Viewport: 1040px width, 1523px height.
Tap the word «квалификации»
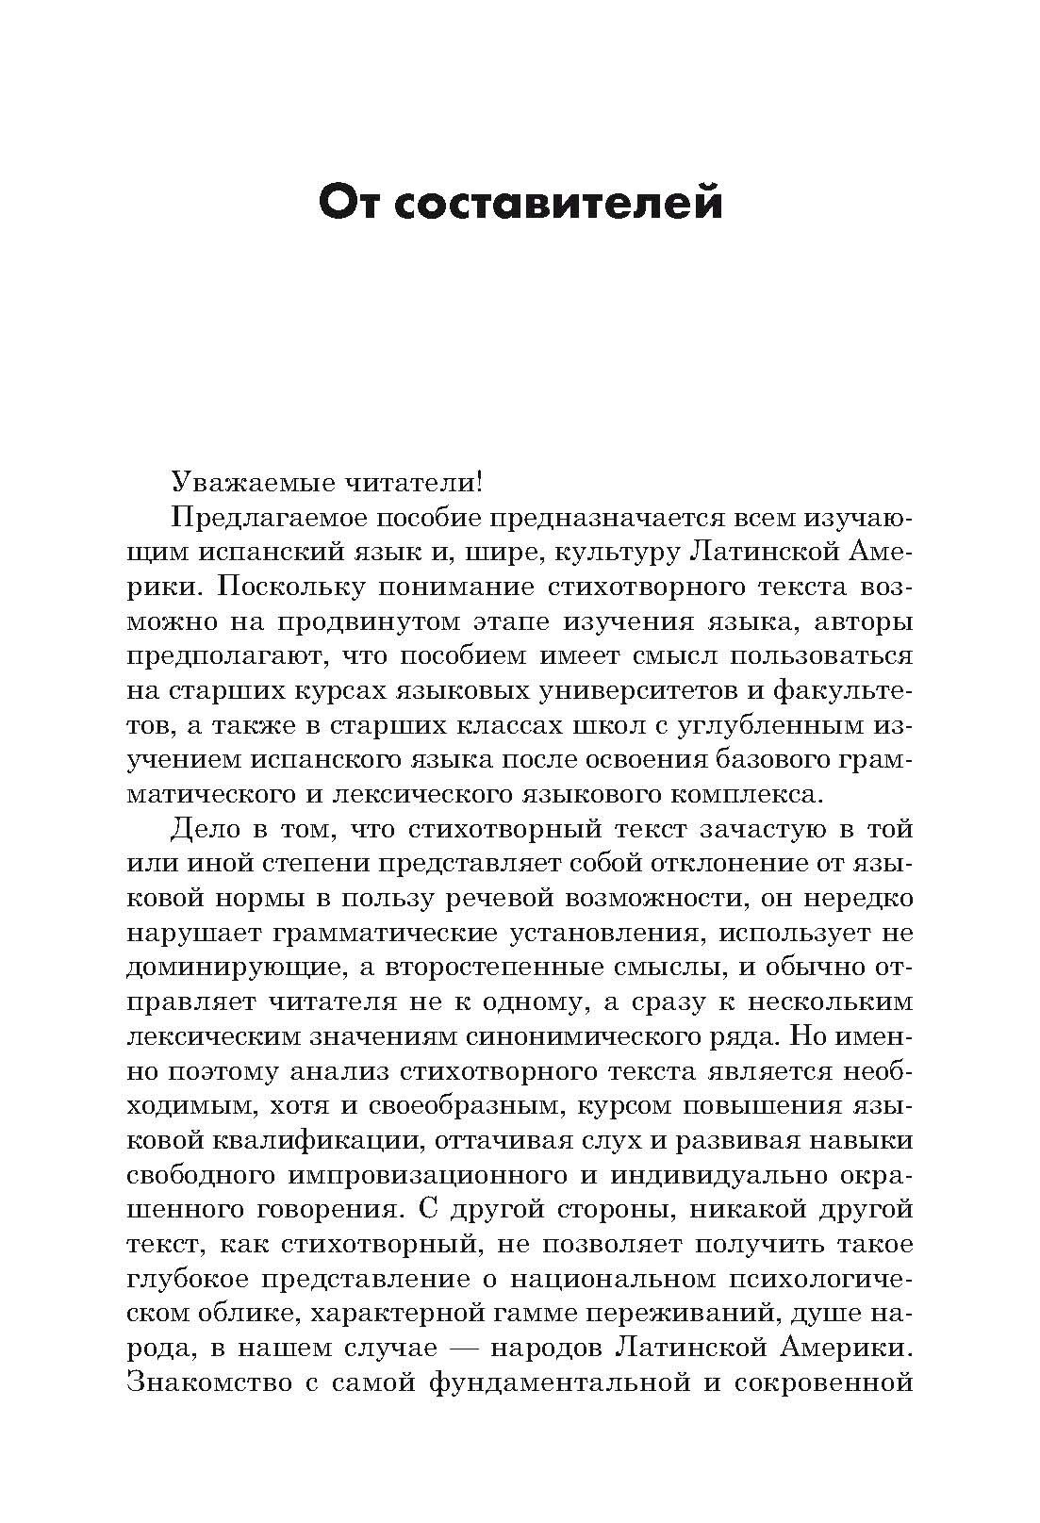click(x=313, y=1140)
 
